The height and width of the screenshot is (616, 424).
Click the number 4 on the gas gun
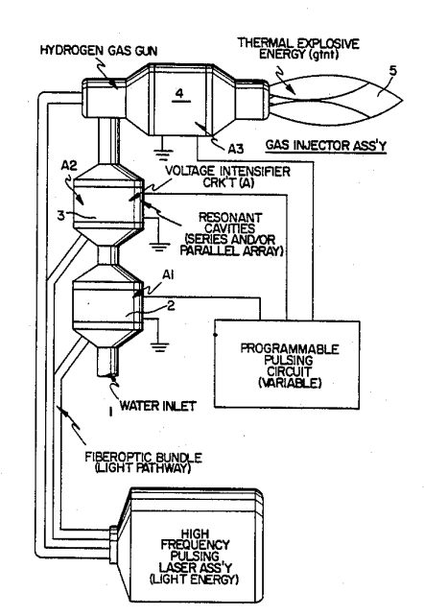(179, 93)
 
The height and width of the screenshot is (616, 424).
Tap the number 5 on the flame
(392, 71)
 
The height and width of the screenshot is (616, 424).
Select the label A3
(236, 149)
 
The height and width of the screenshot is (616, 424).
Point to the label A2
(69, 166)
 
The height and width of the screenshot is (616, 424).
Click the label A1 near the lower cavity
(168, 275)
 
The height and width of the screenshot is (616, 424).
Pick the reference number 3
(60, 215)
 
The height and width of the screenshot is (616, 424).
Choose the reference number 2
(171, 305)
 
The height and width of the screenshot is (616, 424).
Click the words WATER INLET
(157, 406)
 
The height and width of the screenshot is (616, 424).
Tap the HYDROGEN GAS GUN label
(99, 51)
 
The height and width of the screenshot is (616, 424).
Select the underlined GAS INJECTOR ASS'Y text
(326, 145)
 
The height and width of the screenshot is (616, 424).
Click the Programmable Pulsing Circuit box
(287, 365)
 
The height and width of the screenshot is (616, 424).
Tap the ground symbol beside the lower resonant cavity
(158, 345)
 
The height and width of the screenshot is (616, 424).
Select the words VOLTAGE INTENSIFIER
(227, 172)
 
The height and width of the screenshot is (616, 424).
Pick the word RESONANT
(230, 217)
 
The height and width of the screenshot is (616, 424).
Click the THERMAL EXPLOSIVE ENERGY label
(298, 48)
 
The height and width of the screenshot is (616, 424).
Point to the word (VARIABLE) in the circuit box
(290, 383)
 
